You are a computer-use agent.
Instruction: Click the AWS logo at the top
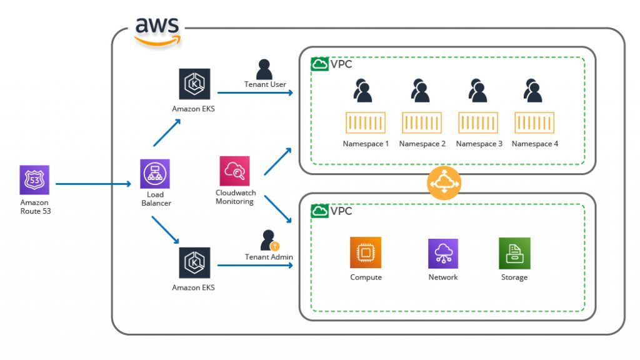(x=158, y=30)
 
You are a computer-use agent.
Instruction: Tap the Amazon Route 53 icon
(x=34, y=181)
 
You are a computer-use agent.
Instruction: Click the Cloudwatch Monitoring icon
(x=234, y=171)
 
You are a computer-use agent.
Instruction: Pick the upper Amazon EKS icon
(x=194, y=84)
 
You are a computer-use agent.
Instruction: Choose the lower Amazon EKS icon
(x=194, y=263)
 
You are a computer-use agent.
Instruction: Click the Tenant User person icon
(x=264, y=69)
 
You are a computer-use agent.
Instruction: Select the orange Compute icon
(x=366, y=253)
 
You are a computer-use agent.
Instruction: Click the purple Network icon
(x=443, y=254)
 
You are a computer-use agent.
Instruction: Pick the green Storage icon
(x=514, y=253)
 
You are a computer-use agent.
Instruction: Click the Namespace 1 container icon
(x=366, y=123)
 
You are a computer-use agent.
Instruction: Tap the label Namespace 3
(x=479, y=144)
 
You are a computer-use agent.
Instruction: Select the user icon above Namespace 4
(x=532, y=90)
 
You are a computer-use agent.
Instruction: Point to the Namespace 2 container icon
(x=422, y=123)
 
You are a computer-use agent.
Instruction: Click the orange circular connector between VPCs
(x=444, y=184)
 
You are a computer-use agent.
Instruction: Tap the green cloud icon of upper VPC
(x=319, y=64)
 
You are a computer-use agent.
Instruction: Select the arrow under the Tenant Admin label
(x=255, y=266)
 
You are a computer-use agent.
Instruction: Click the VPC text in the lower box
(x=341, y=211)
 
